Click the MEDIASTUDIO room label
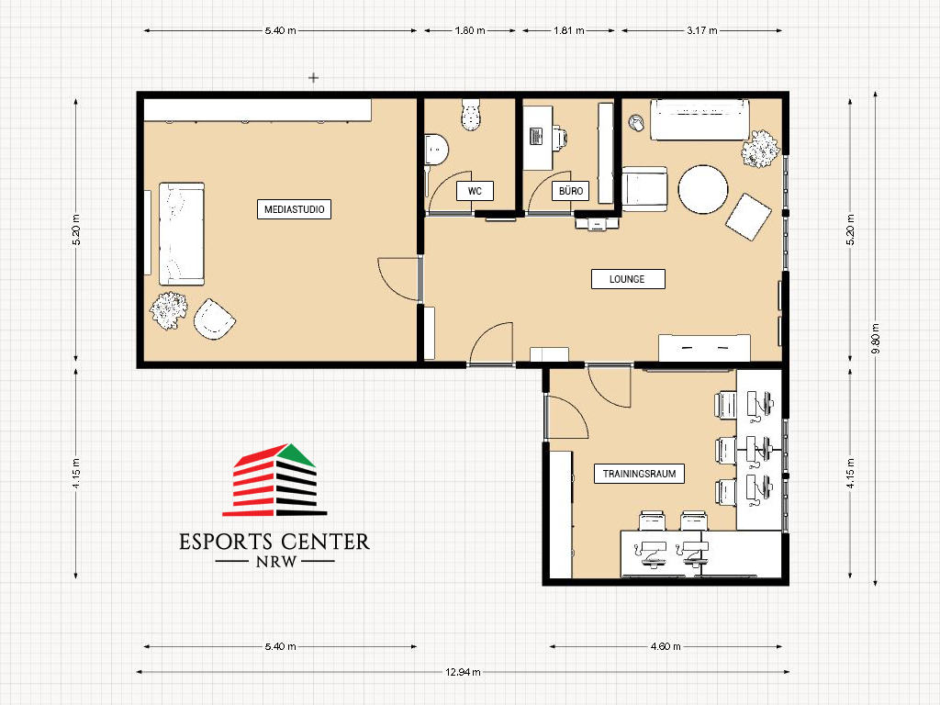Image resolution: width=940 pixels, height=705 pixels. (294, 209)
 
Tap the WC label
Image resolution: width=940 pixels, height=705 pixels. (475, 191)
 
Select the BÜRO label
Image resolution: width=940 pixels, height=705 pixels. (571, 191)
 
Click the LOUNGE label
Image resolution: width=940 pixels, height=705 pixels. (628, 279)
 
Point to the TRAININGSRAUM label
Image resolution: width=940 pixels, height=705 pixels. (639, 474)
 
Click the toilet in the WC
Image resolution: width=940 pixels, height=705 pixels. (471, 115)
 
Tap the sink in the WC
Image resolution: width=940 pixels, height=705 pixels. (436, 150)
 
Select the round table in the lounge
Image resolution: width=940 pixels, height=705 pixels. (703, 189)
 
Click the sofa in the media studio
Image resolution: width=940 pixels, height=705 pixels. (182, 234)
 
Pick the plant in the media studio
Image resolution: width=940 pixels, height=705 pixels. (169, 310)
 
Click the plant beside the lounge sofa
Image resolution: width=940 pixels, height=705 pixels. (760, 149)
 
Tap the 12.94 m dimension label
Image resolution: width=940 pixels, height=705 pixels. (463, 672)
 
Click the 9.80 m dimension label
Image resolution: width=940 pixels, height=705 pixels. (875, 339)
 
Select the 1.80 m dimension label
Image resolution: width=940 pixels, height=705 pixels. (470, 30)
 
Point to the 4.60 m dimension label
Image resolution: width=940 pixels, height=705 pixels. (666, 646)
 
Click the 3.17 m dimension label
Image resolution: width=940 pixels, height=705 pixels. (702, 30)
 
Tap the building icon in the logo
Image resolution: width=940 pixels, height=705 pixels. (274, 479)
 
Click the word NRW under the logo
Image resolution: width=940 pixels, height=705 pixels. (275, 562)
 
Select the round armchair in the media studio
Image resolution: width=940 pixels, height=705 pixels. (213, 319)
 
